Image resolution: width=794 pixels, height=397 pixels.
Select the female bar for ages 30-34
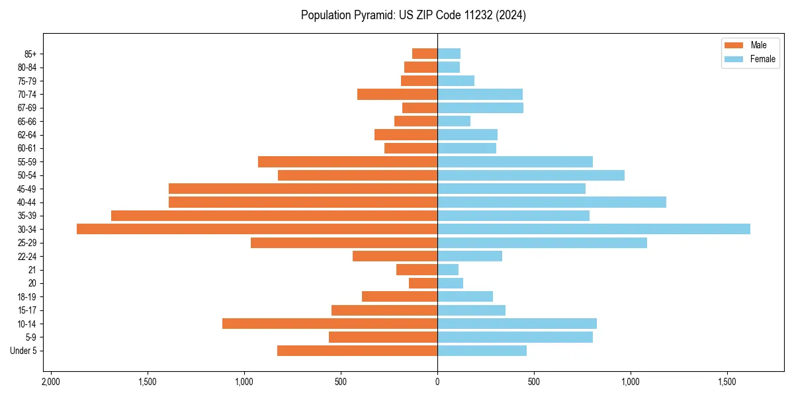coord(594,229)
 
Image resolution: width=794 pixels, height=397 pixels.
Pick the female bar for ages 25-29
coord(542,243)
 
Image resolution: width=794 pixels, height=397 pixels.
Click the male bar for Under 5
coord(357,351)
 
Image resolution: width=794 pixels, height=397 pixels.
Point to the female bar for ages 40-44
coord(552,202)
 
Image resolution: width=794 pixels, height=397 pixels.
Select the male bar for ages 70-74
coord(397,94)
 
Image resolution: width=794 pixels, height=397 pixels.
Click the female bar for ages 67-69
coord(480,108)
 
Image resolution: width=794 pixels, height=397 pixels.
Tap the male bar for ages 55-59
coord(347,161)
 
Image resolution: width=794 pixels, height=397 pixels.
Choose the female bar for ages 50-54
coord(531,175)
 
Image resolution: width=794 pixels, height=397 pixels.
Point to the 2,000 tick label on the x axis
coord(50,382)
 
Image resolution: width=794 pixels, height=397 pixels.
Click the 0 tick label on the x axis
coord(437,382)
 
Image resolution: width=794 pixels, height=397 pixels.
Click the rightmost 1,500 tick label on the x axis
coord(727,382)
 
